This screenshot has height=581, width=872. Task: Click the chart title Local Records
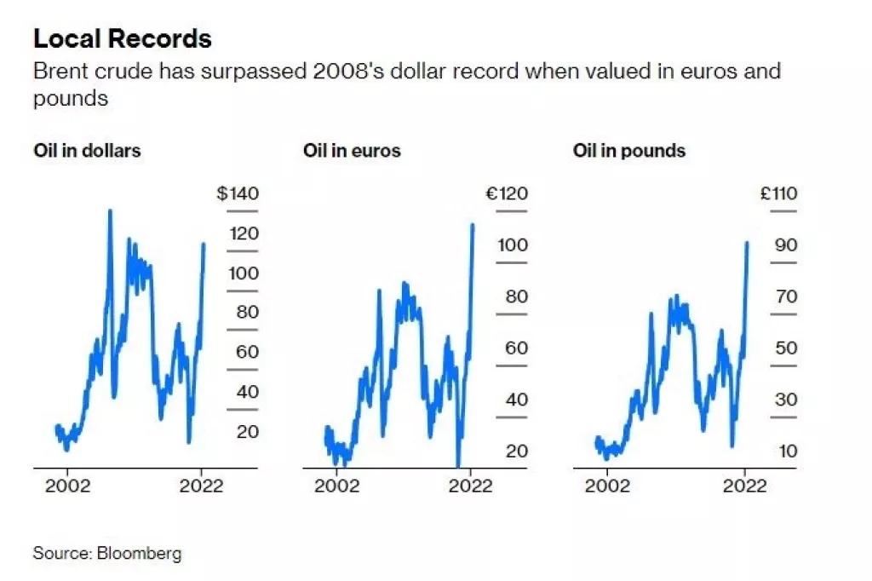click(x=122, y=39)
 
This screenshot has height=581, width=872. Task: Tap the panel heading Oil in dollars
click(x=87, y=151)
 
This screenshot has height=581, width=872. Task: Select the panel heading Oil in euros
click(x=352, y=151)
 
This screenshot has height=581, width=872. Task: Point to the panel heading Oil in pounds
click(x=628, y=151)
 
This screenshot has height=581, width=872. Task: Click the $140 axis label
click(x=238, y=194)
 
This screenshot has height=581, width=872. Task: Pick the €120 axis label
click(x=507, y=194)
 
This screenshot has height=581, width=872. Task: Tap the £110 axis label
click(x=778, y=194)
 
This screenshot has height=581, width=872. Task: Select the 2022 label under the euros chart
click(x=470, y=486)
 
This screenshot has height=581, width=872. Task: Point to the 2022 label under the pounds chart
click(x=745, y=486)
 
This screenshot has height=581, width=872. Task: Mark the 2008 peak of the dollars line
click(x=110, y=210)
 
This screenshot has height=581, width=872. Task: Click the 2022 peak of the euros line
click(x=473, y=224)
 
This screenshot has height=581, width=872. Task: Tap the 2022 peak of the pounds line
click(x=747, y=242)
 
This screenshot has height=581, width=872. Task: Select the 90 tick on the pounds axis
click(x=785, y=245)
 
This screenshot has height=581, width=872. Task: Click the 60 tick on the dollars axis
click(x=247, y=351)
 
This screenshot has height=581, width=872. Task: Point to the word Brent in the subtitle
click(x=58, y=71)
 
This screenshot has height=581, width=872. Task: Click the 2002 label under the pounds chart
click(x=608, y=486)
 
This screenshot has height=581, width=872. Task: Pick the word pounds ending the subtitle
click(x=71, y=98)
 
